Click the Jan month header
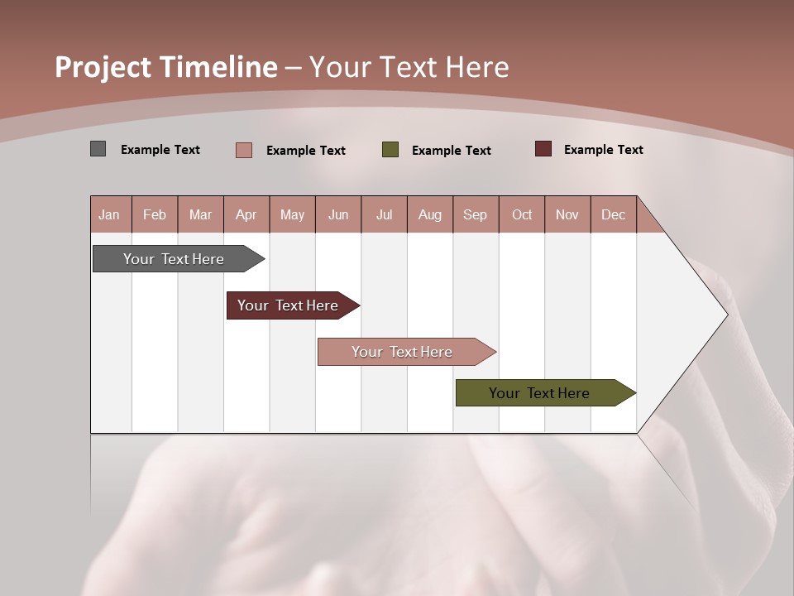110,214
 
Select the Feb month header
155,214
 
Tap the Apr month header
246,214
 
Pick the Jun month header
338,214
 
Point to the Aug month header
429,214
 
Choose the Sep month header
475,214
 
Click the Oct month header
522,214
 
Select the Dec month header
613,214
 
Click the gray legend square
98,149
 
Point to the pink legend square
244,150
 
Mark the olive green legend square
390,150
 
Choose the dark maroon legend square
543,149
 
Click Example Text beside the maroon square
603,150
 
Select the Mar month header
200,214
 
